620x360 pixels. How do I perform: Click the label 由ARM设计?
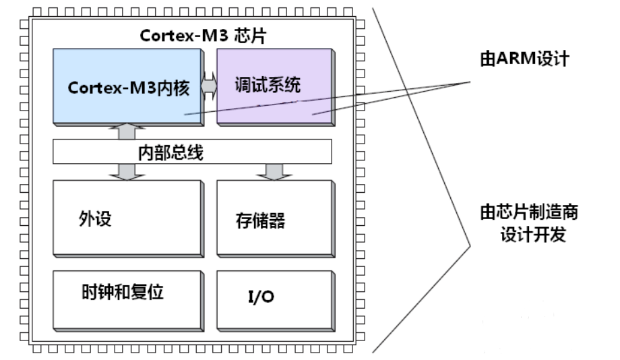[520, 59]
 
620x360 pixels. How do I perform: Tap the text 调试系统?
[267, 86]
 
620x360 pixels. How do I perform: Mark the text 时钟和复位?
[121, 292]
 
